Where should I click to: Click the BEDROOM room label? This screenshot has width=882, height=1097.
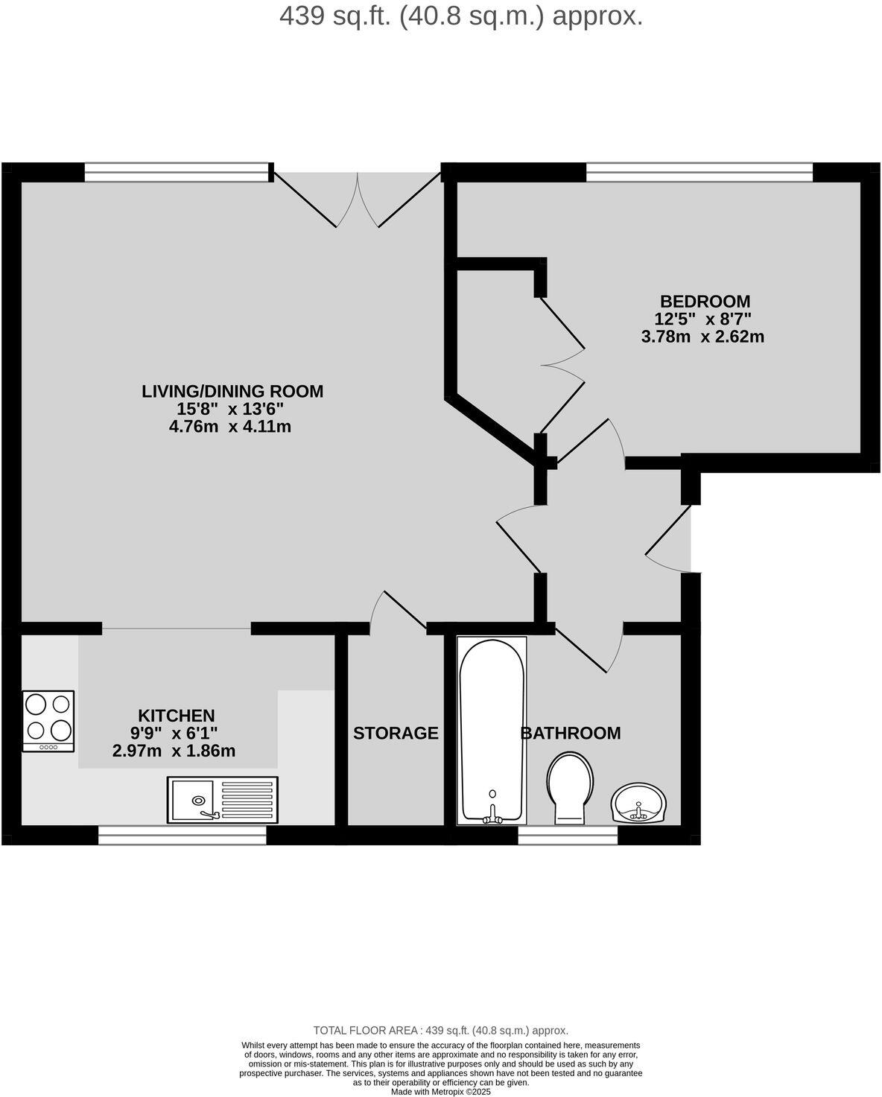[x=705, y=302]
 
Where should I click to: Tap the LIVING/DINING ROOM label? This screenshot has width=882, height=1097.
[x=232, y=391]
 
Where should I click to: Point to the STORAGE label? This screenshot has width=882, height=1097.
[x=396, y=734]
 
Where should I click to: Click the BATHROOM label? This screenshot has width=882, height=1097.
[x=571, y=734]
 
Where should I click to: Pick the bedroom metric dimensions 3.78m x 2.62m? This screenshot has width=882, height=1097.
[x=702, y=337]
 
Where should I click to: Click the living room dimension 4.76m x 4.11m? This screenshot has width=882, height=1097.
[x=229, y=427]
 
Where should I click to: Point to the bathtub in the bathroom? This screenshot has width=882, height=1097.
[x=492, y=730]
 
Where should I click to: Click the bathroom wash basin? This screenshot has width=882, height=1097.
[x=639, y=804]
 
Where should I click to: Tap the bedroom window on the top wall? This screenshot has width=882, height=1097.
[x=699, y=173]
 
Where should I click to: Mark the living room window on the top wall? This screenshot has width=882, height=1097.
[x=176, y=173]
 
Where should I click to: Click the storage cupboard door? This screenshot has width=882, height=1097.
[x=398, y=612]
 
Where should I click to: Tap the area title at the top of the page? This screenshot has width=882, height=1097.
[x=461, y=16]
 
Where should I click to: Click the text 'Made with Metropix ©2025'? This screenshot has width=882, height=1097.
[x=441, y=1092]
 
